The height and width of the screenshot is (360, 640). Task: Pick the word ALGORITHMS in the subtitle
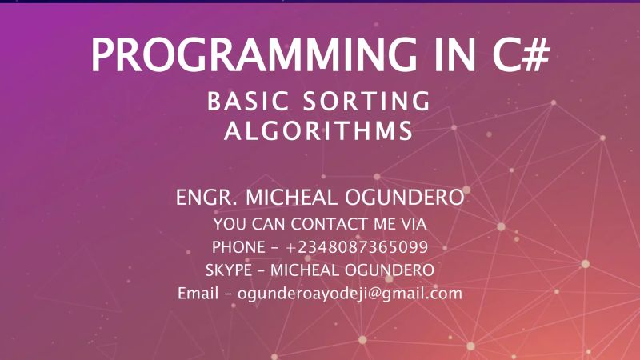click(x=318, y=131)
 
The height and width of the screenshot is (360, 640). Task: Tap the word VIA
click(x=410, y=222)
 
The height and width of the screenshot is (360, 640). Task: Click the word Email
click(x=196, y=294)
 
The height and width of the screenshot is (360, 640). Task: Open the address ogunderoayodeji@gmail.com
click(x=350, y=294)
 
